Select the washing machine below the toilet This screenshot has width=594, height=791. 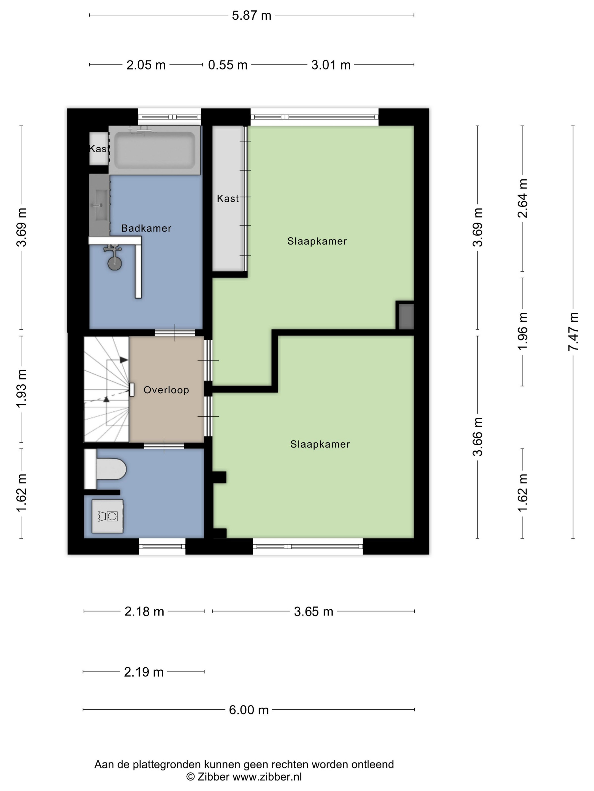[108, 516]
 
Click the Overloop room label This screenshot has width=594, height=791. [166, 390]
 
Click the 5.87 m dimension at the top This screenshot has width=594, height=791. [251, 15]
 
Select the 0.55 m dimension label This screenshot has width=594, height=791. [228, 65]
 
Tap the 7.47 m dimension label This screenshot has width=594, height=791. [573, 331]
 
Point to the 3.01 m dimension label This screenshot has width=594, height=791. [331, 65]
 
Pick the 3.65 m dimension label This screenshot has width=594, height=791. [314, 612]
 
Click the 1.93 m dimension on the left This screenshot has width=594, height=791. [21, 388]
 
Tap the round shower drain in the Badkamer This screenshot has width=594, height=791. [115, 264]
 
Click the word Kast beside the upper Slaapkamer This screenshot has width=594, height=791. [228, 199]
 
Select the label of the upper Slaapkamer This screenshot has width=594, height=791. [317, 241]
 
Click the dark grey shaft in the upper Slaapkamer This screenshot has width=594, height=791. [406, 316]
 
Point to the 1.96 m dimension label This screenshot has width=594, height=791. [522, 331]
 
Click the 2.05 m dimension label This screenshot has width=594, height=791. [146, 65]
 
